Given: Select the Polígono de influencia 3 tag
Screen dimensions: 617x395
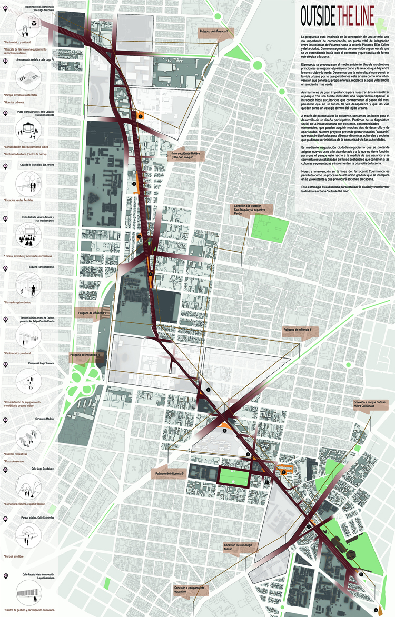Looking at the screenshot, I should click(x=299, y=330).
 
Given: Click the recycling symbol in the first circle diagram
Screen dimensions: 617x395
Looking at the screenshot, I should click(x=35, y=23).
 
